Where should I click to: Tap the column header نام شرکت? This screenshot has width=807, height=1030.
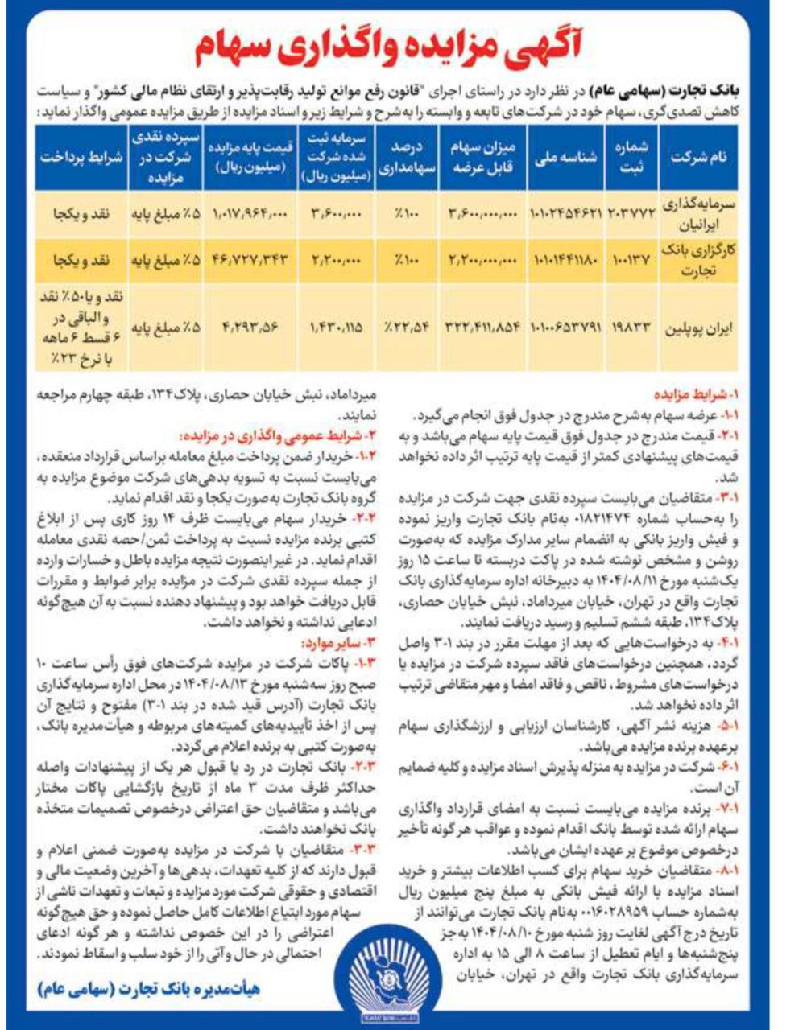(x=697, y=157)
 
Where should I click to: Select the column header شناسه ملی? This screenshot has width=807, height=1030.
(x=566, y=157)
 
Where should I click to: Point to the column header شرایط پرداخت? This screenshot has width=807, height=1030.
(x=81, y=157)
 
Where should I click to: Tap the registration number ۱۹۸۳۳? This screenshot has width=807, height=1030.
(x=631, y=329)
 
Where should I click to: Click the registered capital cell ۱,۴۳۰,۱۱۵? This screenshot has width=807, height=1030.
(x=335, y=329)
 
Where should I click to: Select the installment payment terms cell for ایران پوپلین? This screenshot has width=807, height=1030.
(x=81, y=328)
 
